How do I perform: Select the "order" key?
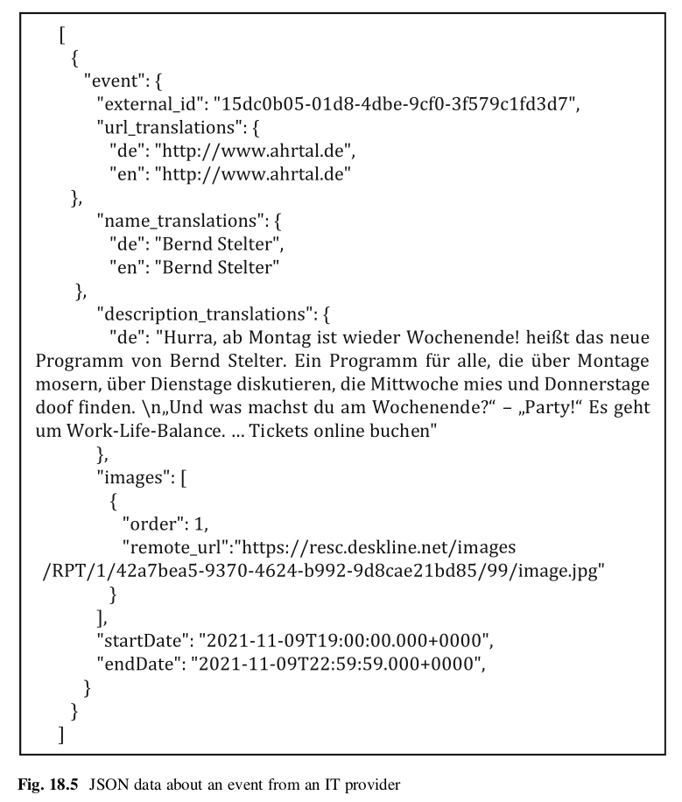[151, 524]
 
